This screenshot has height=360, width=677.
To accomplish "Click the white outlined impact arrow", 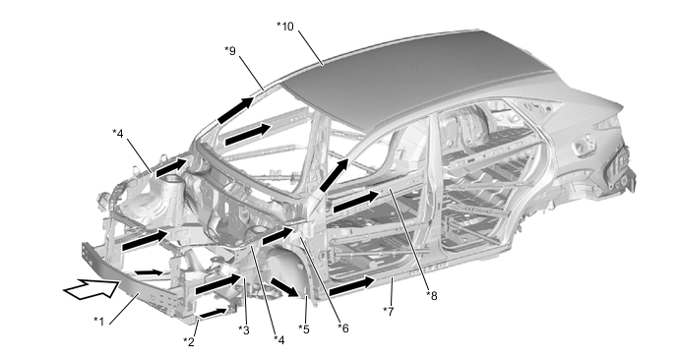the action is tap(92, 289).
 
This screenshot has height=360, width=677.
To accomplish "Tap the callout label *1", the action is tap(98, 322).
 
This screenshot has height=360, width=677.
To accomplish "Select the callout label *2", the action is tap(189, 342).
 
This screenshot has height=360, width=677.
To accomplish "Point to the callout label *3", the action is tap(244, 330).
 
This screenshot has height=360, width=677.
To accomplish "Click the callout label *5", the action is tap(304, 330).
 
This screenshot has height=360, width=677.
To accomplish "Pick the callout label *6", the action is tap(342, 329).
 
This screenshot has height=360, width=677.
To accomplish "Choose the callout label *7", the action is tap(388, 311).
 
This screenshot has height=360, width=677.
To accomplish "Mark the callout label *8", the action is tap(432, 296).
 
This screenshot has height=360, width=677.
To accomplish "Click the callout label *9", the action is tap(230, 51).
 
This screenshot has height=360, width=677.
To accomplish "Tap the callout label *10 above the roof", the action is tap(285, 27).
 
